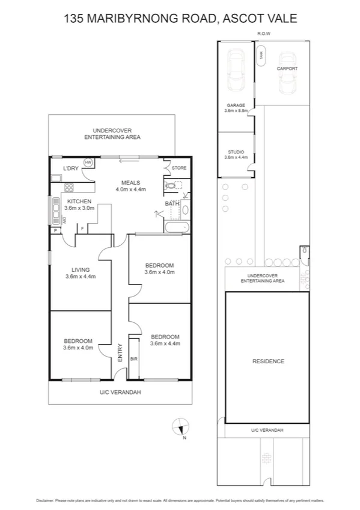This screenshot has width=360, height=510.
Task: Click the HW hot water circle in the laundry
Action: click(88, 163)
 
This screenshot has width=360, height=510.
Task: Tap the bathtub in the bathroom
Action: click(175, 228)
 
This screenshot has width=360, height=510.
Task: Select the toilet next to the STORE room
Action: click(170, 186)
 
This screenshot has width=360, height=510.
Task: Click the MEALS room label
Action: click(130, 183)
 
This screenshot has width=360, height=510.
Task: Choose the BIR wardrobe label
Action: click(133, 358)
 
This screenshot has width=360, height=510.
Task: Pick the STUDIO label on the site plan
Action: click(235, 152)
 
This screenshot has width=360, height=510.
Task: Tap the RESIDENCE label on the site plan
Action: click(267, 361)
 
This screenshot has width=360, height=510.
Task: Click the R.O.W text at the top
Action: click(263, 34)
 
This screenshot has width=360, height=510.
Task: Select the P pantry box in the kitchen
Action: click(55, 230)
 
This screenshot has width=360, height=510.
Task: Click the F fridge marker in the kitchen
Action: click(82, 229)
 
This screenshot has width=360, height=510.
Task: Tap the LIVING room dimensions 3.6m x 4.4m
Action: click(80, 277)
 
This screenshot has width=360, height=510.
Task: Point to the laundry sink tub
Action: click(56, 178)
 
